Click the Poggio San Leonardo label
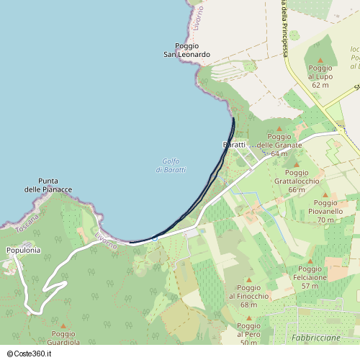186,50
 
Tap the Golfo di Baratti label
171,165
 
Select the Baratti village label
235,145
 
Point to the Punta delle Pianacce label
55,185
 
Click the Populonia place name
23,250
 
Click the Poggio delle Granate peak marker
279,129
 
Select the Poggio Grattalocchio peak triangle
295,165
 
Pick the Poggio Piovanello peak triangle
325,194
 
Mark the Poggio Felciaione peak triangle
310,261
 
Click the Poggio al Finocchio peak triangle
249,279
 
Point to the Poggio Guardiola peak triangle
63,325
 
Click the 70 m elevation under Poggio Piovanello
325,220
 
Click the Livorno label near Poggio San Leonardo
199,16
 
